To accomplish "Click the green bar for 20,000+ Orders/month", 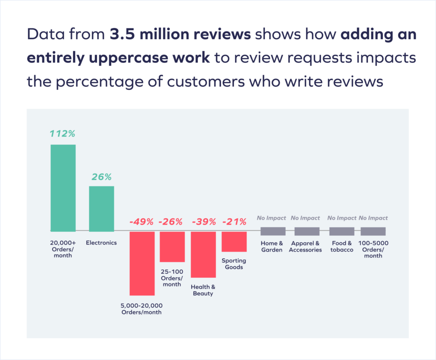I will point(63,188).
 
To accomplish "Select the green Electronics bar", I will point(101,209).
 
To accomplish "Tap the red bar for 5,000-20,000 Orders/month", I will point(142,263).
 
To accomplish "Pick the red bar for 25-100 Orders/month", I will point(172,247).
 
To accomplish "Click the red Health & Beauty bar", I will point(203,254).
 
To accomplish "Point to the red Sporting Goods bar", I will point(234,242).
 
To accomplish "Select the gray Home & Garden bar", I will point(273,231).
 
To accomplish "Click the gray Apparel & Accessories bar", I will point(307,231).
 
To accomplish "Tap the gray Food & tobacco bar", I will point(342,231).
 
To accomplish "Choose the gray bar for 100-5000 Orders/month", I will point(373,231).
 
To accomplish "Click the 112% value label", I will point(63,134).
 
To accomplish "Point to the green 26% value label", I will point(101,177).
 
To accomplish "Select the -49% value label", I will point(142,222).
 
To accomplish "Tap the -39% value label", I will point(204,222).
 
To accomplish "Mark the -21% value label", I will point(234,222).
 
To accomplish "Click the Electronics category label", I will point(101,243).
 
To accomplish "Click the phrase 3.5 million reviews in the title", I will point(180,35).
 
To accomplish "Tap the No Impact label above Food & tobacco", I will point(342,218).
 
